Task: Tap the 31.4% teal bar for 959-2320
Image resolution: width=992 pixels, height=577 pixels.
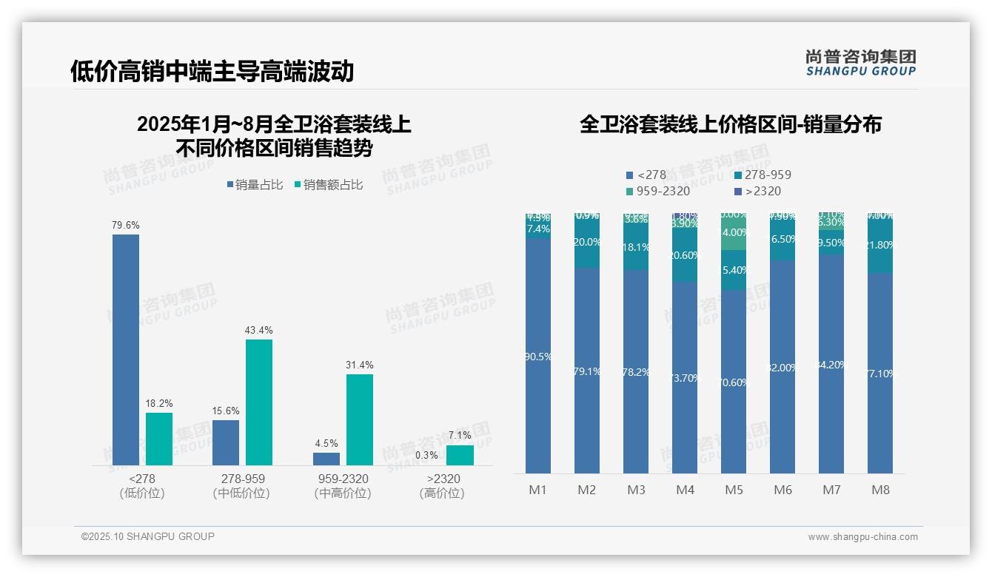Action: click(360, 419)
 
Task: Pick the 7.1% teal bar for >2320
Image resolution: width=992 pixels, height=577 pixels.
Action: click(460, 455)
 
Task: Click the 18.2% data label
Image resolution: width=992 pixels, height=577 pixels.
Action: click(159, 403)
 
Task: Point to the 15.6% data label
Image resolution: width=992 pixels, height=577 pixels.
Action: click(226, 411)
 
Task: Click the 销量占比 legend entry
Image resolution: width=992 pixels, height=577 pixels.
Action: click(255, 185)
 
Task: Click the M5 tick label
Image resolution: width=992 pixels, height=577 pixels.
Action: click(734, 490)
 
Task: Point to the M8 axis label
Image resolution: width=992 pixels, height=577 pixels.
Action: click(880, 490)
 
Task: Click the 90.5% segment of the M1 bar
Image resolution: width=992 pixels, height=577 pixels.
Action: click(538, 355)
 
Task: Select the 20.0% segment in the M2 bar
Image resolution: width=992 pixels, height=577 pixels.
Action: click(587, 243)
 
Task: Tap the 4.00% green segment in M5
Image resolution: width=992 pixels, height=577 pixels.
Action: click(734, 233)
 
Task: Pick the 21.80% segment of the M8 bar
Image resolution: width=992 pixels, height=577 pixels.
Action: click(880, 246)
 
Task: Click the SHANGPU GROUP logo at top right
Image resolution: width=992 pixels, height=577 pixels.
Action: click(860, 63)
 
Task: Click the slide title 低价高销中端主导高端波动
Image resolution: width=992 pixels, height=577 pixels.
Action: click(212, 71)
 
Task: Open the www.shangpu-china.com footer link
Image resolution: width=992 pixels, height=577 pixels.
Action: click(862, 537)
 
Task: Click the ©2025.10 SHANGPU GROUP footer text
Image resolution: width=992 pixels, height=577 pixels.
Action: click(148, 536)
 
